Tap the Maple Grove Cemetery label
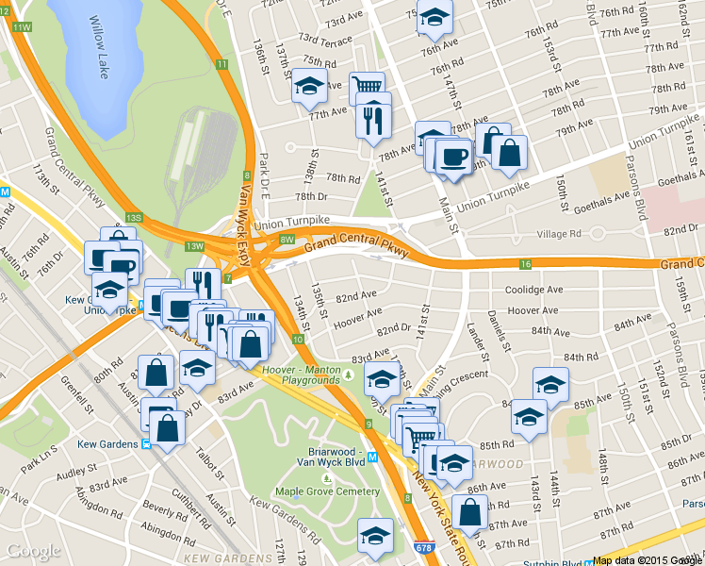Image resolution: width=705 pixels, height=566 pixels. [326, 491]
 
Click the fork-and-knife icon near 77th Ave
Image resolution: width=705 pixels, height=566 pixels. [372, 120]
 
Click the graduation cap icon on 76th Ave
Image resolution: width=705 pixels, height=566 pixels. [434, 17]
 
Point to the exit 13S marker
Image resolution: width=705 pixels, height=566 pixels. [134, 218]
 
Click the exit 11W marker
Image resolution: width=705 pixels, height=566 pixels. [21, 26]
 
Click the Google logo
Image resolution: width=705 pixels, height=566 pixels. [34, 551]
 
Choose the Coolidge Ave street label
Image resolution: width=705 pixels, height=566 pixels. [533, 290]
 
